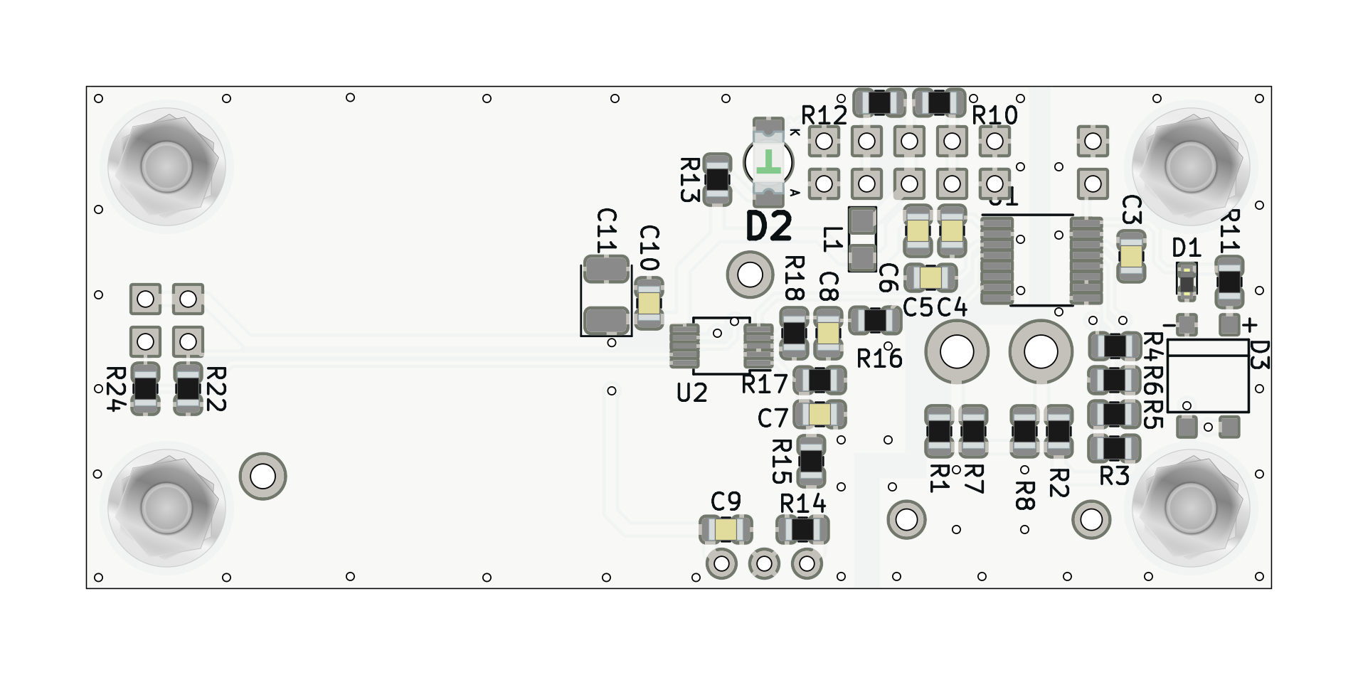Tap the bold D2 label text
click(x=768, y=228)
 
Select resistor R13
click(x=717, y=180)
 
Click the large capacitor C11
click(x=606, y=295)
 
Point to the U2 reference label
click(x=691, y=393)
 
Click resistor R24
click(x=146, y=388)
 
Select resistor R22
click(x=189, y=388)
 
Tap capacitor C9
click(x=726, y=530)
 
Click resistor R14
click(x=802, y=530)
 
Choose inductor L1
click(x=863, y=239)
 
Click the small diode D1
click(x=1187, y=280)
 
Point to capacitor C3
click(x=1131, y=255)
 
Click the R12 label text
click(x=824, y=115)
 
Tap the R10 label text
click(x=994, y=115)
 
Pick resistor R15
click(x=811, y=461)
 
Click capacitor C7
click(x=819, y=414)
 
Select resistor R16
click(x=876, y=321)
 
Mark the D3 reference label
click(x=1258, y=355)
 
